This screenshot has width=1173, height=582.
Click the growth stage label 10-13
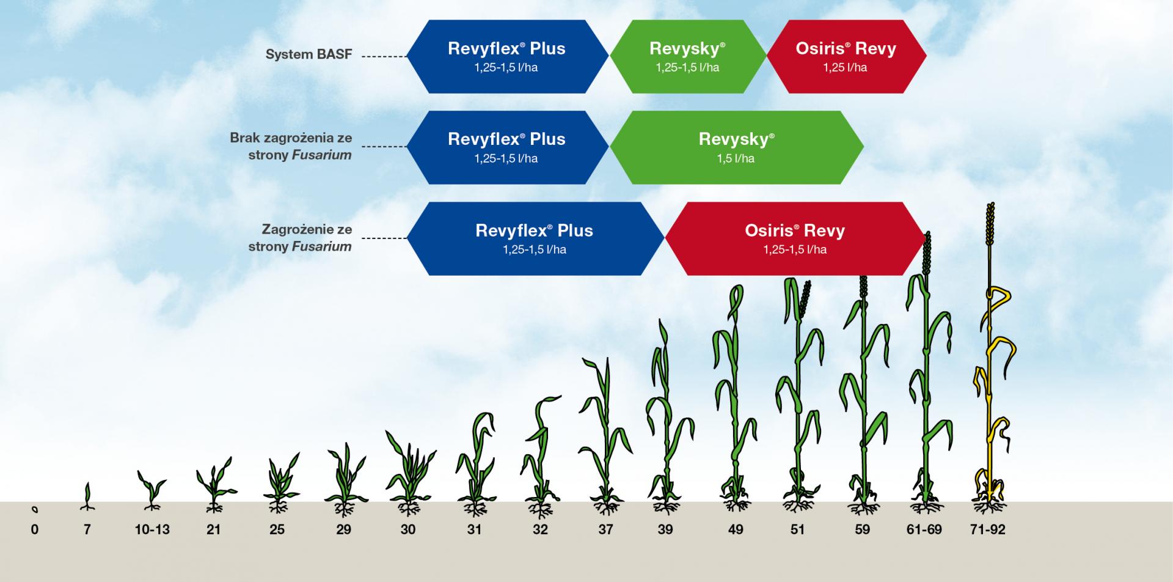152,529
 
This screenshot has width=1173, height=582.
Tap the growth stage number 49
736,529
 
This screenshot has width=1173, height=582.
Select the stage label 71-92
987,529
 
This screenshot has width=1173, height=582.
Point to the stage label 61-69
924,529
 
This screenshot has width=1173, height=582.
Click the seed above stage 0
35,509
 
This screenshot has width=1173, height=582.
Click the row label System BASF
309,54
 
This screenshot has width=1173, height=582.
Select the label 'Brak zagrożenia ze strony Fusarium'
291,147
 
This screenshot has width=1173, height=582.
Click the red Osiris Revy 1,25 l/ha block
846,56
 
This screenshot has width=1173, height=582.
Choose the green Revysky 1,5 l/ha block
736,147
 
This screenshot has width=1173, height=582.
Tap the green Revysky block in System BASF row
688,56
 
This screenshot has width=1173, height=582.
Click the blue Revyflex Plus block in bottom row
535,238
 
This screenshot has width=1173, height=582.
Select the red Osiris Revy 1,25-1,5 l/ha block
795,238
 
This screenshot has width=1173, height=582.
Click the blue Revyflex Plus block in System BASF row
508,56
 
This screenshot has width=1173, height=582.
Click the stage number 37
605,529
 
